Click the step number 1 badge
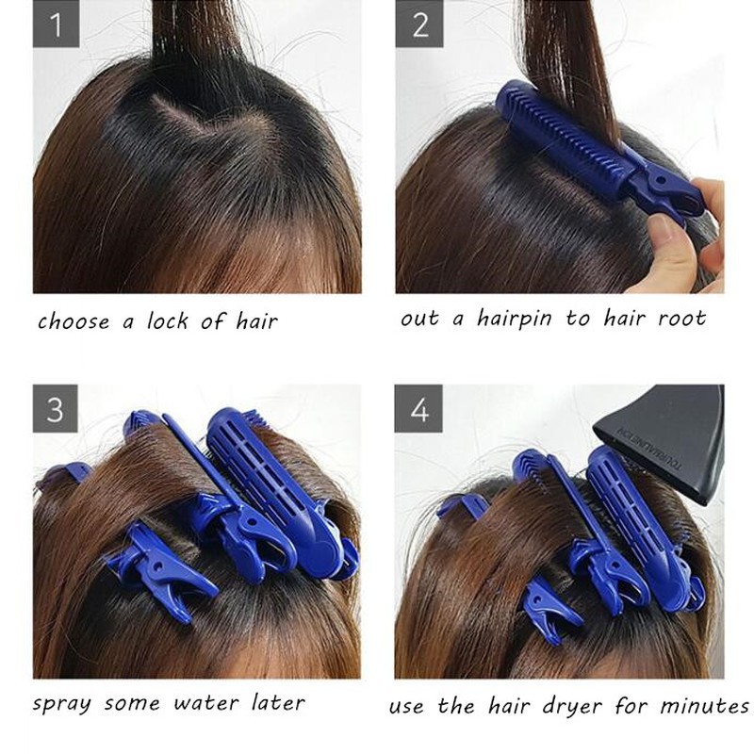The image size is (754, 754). pyautogui.click(x=56, y=24)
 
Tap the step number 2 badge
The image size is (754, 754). pyautogui.click(x=419, y=24)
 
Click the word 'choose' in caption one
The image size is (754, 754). pyautogui.click(x=74, y=322)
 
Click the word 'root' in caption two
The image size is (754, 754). pyautogui.click(x=680, y=319)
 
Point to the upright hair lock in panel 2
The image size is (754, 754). pyautogui.click(x=570, y=57)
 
